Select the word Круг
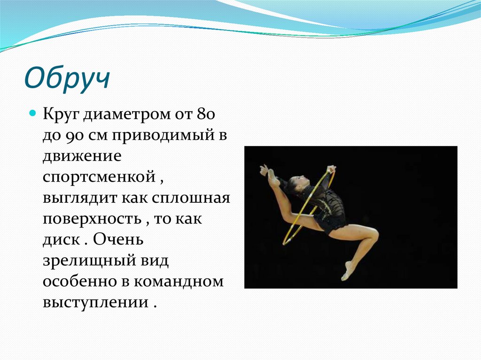click(x=60, y=114)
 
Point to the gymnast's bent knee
click(x=373, y=233)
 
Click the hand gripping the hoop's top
click(x=331, y=169)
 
